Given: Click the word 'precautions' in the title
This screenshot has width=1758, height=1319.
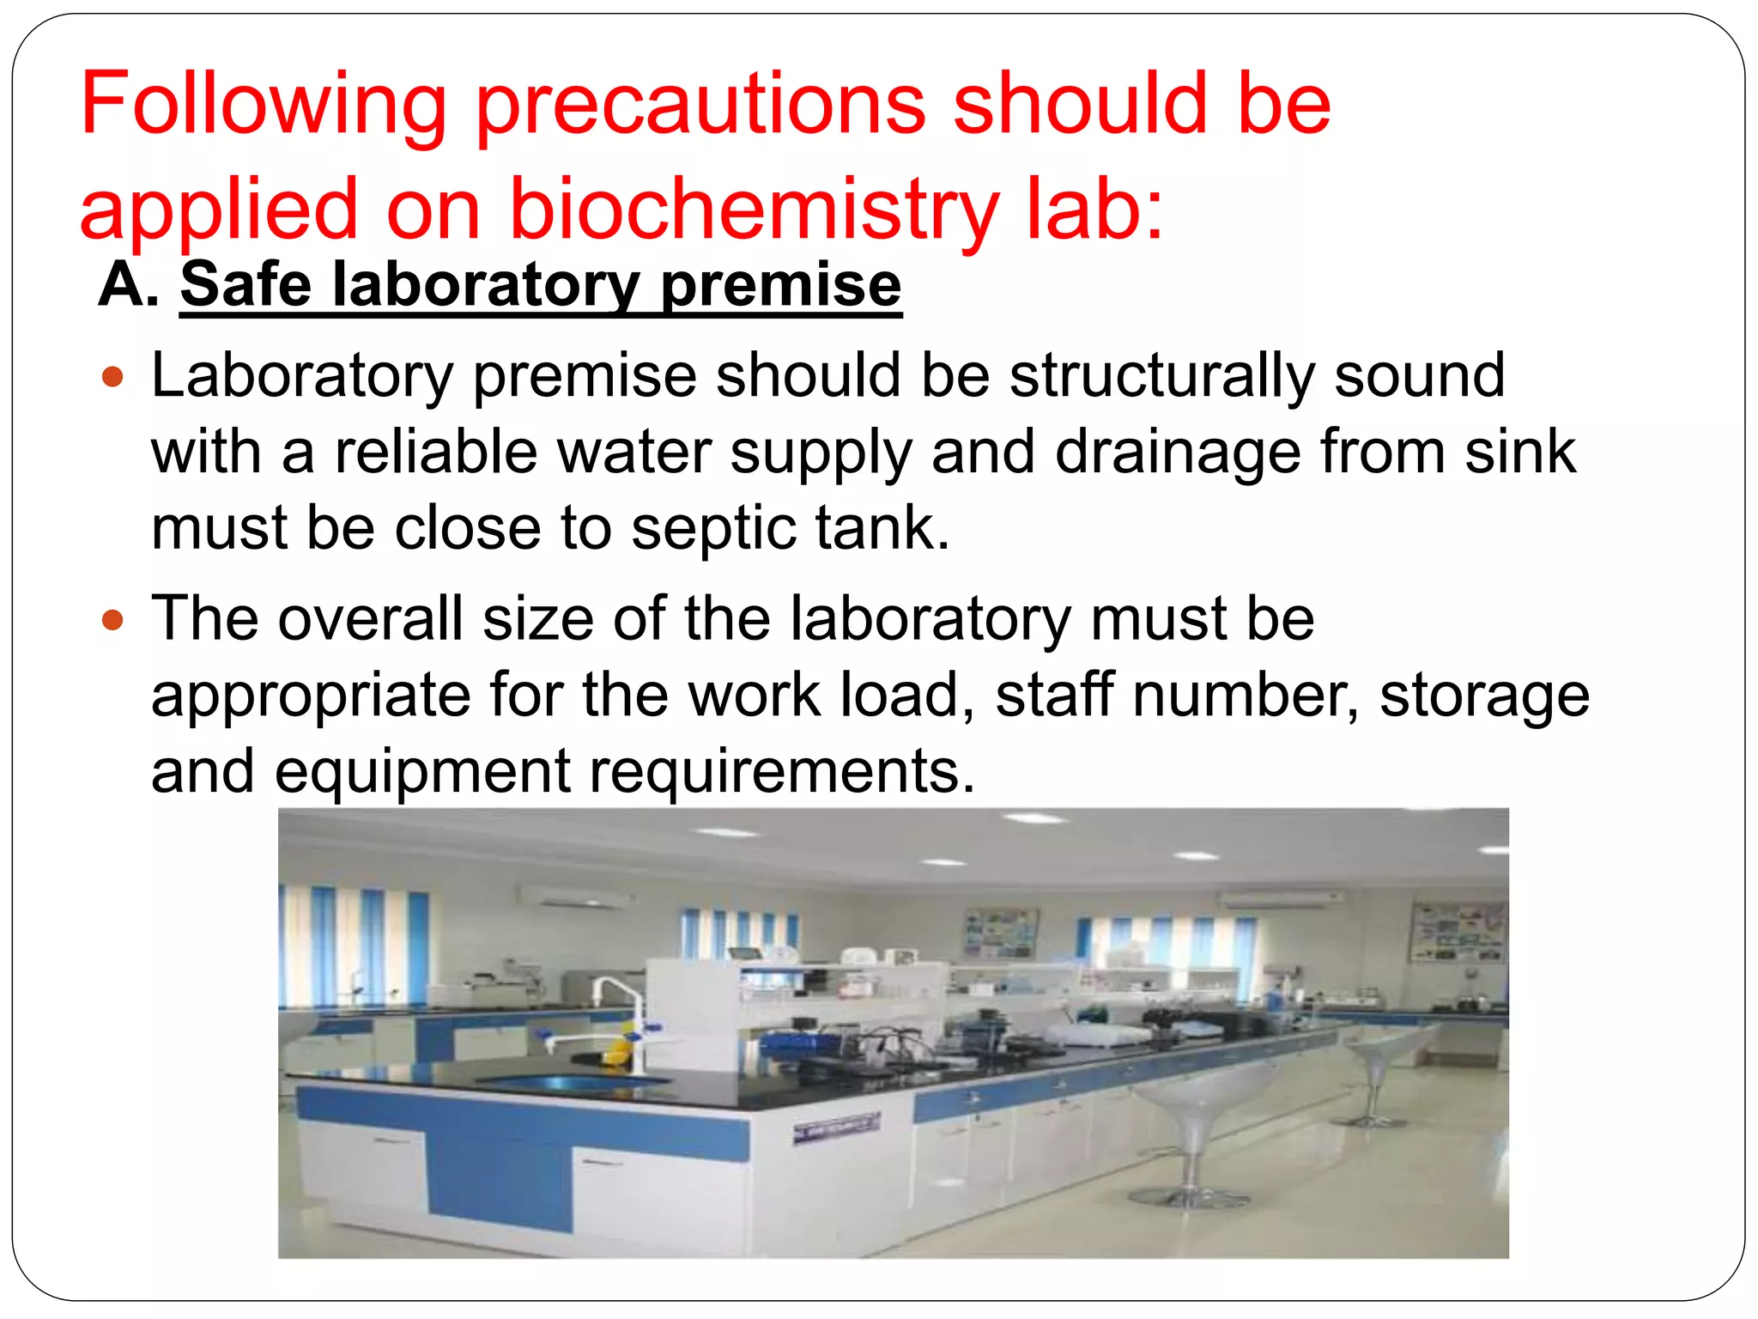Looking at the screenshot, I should [700, 105].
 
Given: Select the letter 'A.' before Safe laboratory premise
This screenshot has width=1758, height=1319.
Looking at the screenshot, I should [129, 285].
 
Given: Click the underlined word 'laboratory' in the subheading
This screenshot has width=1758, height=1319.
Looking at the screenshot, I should [486, 285].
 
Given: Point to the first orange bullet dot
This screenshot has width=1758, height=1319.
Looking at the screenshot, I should [112, 376].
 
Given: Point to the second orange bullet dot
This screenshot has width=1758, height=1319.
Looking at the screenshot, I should [112, 619].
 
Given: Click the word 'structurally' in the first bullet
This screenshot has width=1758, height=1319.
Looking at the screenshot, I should [1161, 376].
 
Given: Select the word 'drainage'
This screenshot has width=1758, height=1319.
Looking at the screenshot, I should [1177, 452].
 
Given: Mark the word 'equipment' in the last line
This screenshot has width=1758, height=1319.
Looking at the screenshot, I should [422, 770].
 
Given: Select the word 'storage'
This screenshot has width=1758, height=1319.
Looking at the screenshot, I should [1484, 694].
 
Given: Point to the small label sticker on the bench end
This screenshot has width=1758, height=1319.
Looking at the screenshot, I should [835, 1128].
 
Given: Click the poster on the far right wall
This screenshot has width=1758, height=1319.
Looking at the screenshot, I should [1457, 933].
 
